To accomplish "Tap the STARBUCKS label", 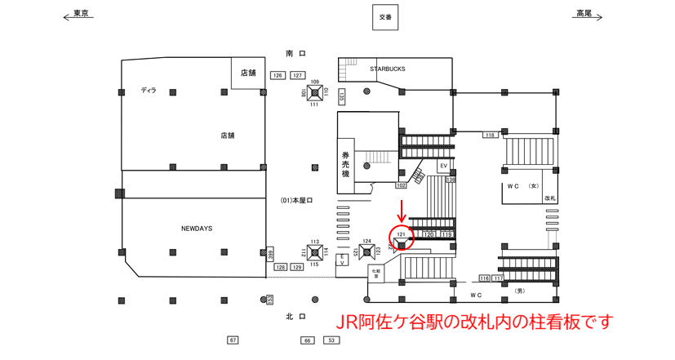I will pos(387,69).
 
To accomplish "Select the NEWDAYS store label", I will pos(197,229).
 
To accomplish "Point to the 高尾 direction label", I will pos(584,14).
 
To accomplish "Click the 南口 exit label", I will pos(295,53).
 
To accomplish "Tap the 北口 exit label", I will pos(295,317).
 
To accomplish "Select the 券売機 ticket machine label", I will pos(345,163).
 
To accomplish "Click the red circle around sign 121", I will pos(401,237).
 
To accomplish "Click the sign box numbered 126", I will pos(278,75).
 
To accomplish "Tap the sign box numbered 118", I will pos(490,135).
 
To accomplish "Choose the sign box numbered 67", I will pos(233,340).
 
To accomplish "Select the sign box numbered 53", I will pos(331,340).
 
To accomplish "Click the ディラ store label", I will pos(148,91).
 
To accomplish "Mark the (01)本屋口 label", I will pos(296,200).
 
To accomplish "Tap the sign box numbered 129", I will pos(297,267).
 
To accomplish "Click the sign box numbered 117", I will pos(498,278).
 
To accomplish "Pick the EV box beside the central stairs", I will pos(444,167).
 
